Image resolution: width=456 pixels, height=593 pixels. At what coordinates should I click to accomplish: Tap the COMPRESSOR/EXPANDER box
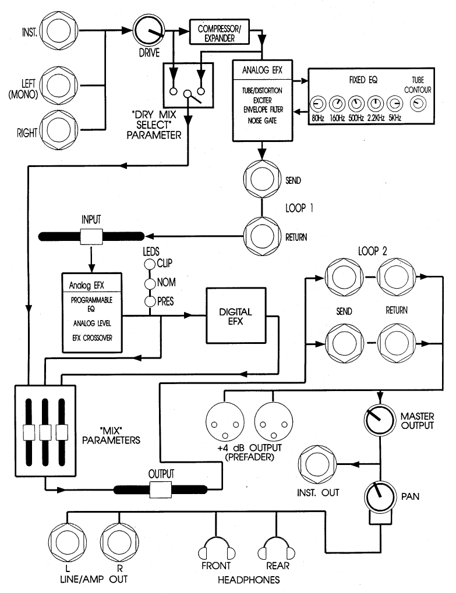pos(217,33)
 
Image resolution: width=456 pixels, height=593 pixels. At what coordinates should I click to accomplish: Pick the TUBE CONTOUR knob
pos(418,105)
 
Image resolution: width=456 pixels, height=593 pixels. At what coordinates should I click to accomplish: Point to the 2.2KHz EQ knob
pos(376,105)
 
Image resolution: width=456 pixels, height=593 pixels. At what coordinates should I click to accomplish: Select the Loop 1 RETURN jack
pos(263,236)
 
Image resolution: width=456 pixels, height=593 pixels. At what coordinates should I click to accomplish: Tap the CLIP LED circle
pos(149,263)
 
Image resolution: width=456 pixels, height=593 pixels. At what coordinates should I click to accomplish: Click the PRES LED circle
pos(149,301)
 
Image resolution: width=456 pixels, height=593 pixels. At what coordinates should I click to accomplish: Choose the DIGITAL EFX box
pos(235,316)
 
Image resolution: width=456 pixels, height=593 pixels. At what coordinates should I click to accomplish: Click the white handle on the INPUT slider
pos(91,236)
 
